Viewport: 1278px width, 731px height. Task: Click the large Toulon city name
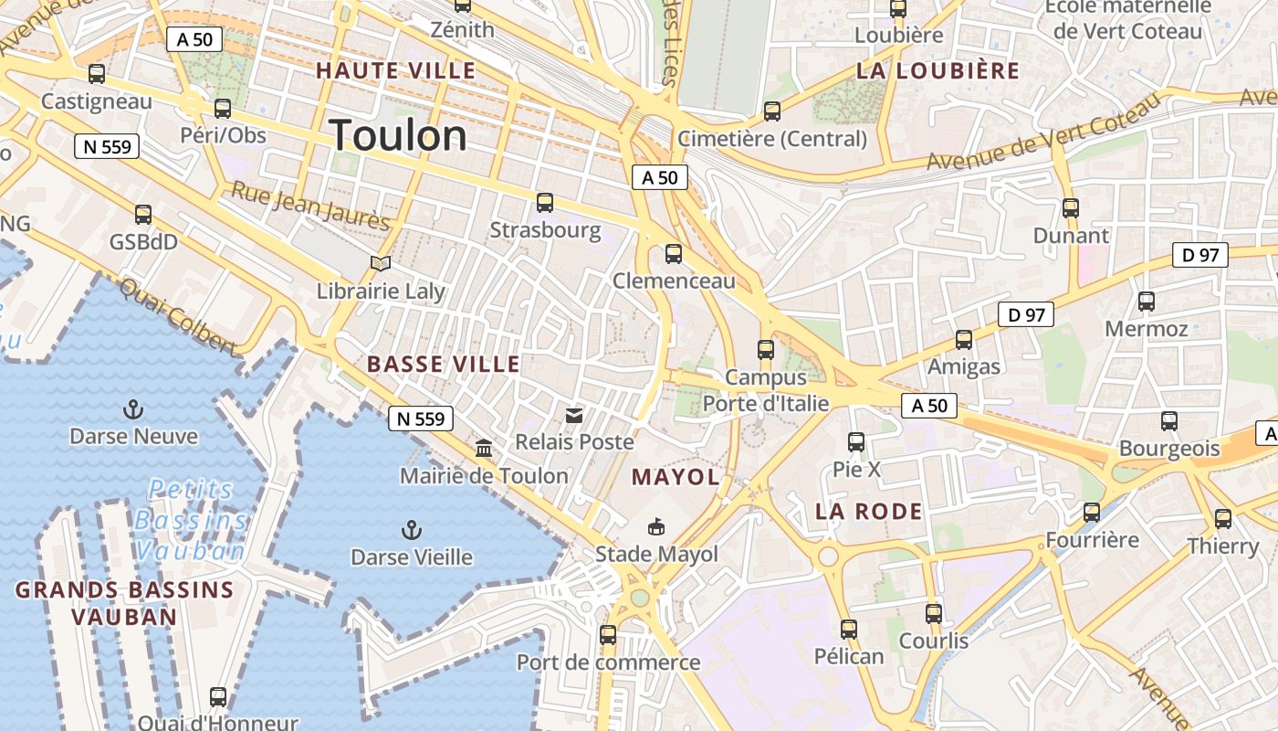pos(398,136)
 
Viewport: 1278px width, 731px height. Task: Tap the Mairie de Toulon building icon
pos(484,449)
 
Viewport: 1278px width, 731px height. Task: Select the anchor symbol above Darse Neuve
pos(133,408)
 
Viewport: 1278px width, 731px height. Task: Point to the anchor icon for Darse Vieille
pos(412,529)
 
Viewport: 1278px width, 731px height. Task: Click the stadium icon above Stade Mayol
pos(656,526)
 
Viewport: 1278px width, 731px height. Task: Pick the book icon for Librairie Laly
pos(381,264)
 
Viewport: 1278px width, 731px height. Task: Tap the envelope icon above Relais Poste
pos(574,416)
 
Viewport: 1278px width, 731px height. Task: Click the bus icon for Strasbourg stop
pos(545,203)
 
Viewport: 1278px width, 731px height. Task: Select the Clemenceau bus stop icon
pos(674,254)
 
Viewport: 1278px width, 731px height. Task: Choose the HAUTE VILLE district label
pos(396,70)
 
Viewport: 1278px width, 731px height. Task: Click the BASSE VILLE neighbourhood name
pos(444,365)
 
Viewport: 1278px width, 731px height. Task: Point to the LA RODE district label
pos(869,511)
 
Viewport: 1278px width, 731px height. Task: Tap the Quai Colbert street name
pos(178,315)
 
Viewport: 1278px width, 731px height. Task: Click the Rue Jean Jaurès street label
pos(310,206)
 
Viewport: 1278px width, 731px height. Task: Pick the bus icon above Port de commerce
pos(608,634)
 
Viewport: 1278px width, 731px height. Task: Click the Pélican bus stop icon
pos(849,629)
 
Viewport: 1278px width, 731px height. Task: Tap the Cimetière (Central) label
pos(772,139)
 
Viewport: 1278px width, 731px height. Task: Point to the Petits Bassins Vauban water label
pos(190,520)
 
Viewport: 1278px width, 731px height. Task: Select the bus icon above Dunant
pos(1071,208)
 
